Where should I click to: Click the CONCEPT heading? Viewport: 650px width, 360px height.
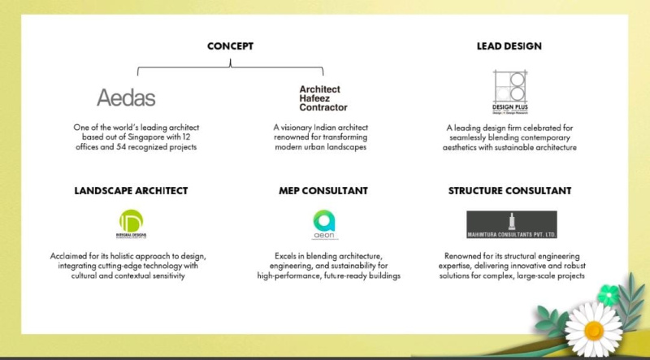[230, 46]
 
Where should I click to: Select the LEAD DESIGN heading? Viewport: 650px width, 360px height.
[509, 46]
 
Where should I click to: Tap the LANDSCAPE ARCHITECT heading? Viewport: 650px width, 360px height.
[131, 190]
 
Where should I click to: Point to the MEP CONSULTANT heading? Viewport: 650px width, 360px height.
[323, 190]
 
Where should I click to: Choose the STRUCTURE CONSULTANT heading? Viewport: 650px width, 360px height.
[509, 190]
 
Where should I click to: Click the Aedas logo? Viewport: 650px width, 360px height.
[126, 98]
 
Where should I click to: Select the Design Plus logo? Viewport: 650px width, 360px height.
[510, 93]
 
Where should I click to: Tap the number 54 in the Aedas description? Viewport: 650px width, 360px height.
[134, 147]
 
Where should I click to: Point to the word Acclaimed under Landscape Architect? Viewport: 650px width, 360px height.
[70, 256]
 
